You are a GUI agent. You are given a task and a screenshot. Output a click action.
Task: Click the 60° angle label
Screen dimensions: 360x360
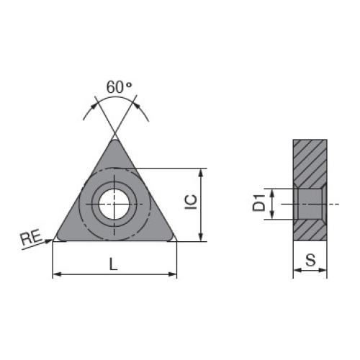click(119, 87)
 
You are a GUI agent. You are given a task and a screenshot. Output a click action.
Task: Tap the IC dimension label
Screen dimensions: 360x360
click(191, 202)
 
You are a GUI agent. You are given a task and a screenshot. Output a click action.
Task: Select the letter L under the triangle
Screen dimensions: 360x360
click(113, 264)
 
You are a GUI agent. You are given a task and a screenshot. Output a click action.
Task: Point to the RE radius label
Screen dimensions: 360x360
click(31, 238)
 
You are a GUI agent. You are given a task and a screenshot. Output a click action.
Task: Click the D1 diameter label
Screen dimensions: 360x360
click(259, 203)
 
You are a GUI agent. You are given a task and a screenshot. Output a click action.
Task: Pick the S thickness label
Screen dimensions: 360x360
click(310, 260)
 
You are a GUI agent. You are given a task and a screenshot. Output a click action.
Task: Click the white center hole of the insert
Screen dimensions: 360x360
click(114, 204)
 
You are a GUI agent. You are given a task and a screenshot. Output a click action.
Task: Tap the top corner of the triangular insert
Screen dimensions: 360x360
click(115, 140)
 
